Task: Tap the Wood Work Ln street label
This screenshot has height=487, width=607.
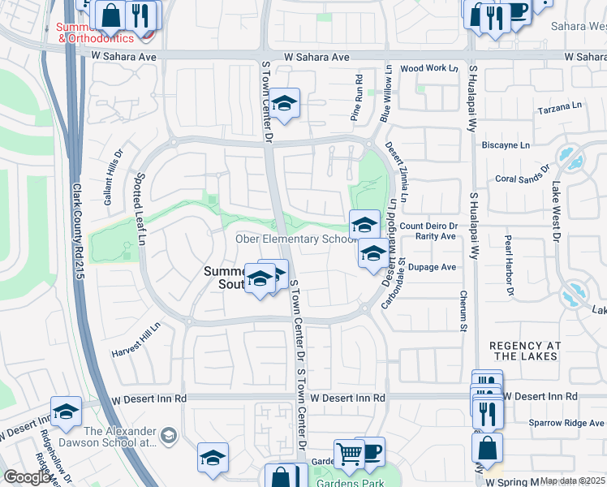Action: point(429,69)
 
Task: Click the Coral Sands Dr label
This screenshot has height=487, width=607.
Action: point(523,179)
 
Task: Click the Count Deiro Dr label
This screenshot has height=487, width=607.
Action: point(429,226)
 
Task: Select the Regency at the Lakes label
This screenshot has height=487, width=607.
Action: point(523,351)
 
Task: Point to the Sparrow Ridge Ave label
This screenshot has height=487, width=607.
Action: point(566,423)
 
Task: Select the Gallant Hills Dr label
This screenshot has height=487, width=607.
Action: point(113,176)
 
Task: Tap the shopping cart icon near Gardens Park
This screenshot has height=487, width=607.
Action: point(349,454)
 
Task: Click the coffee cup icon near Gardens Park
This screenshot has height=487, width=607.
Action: point(371,450)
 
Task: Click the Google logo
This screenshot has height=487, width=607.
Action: point(26,477)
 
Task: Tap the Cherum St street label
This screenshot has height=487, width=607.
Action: point(464,311)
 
